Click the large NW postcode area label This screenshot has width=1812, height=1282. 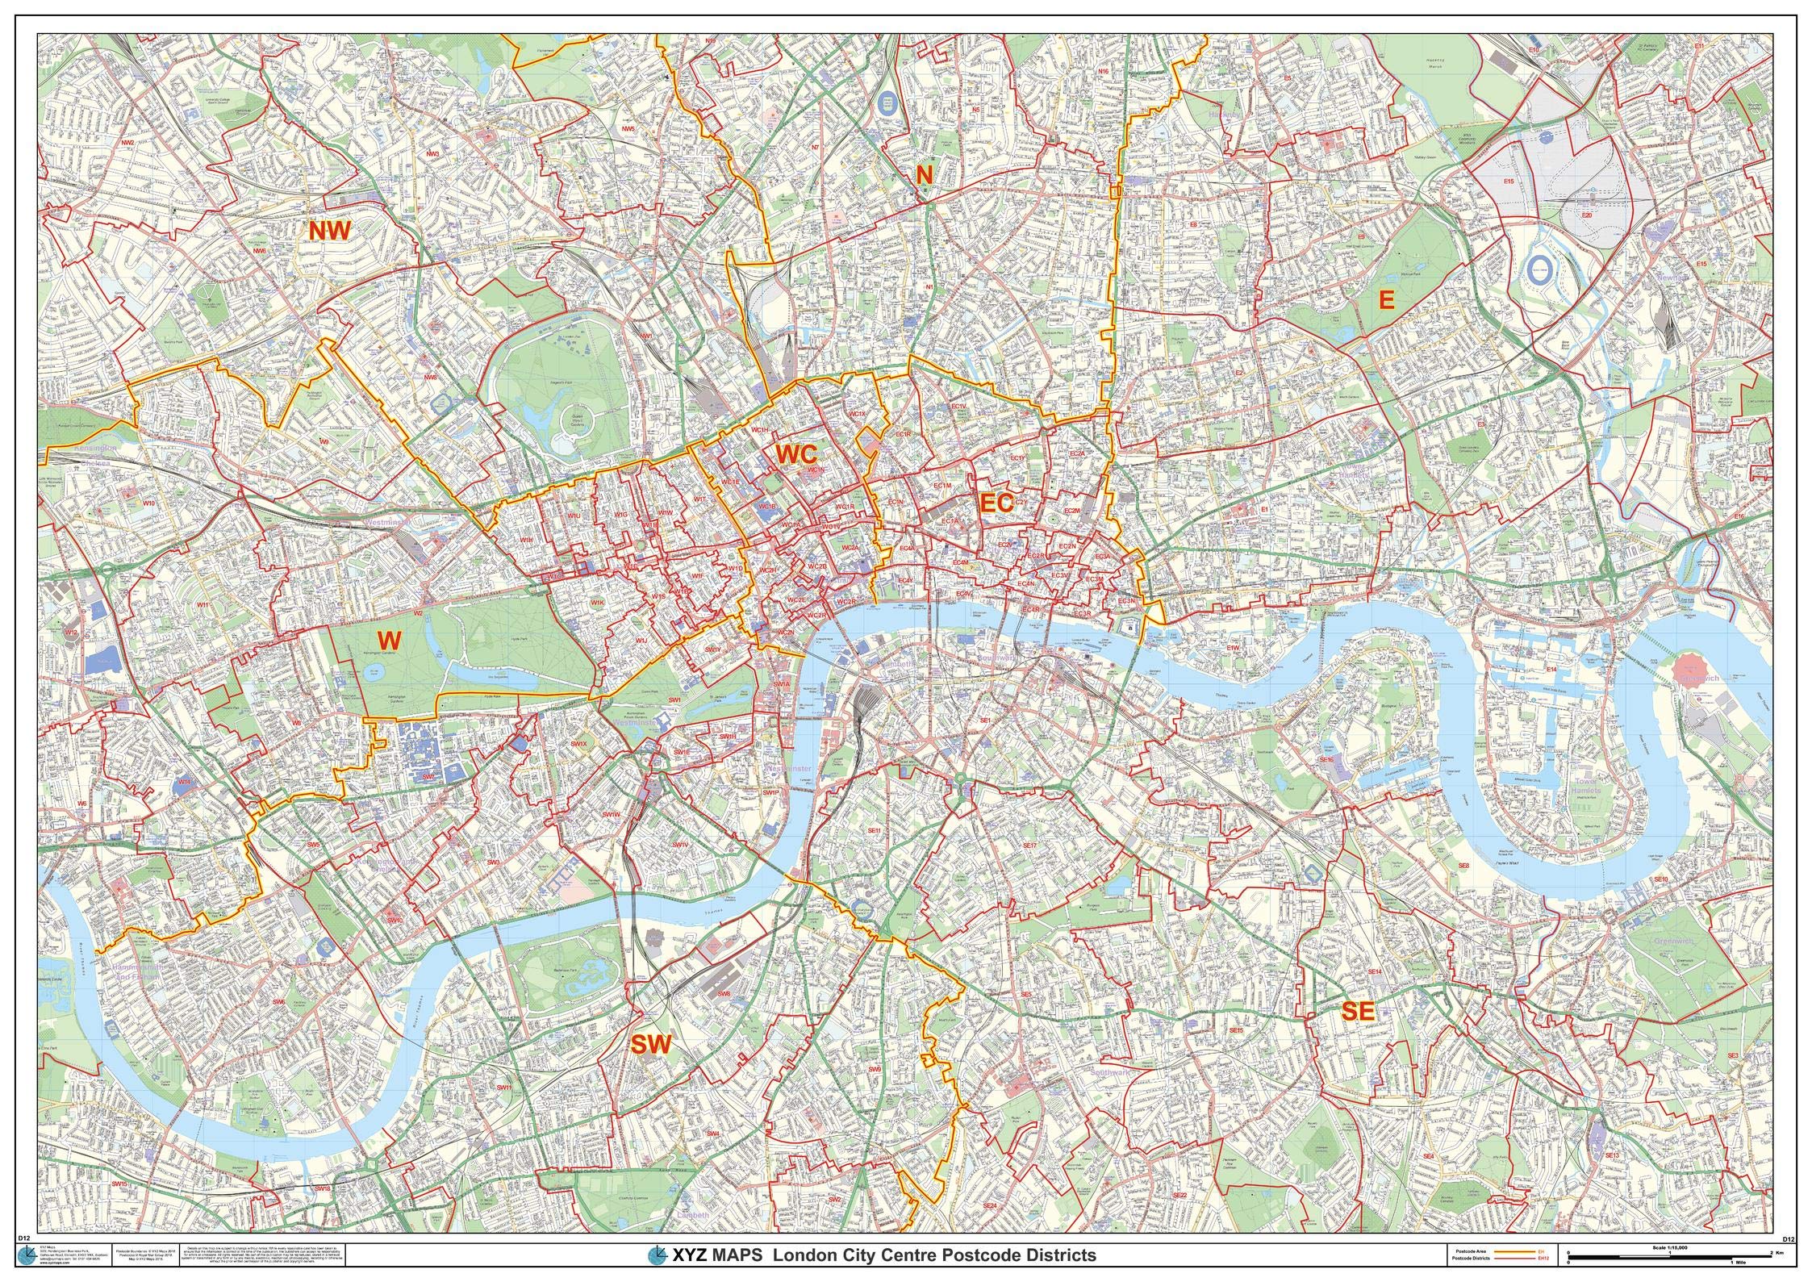pos(330,231)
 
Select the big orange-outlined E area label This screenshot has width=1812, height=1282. pos(1386,300)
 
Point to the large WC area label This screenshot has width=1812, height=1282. pos(797,453)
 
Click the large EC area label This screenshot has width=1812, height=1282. pos(996,503)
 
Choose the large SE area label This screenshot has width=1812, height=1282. pos(1357,1012)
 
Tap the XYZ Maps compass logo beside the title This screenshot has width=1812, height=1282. pos(658,1255)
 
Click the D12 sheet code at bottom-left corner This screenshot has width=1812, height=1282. pos(46,1238)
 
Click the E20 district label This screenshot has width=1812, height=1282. pos(1586,215)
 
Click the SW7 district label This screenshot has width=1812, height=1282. pos(429,775)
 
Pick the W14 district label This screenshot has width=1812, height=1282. pos(185,782)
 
